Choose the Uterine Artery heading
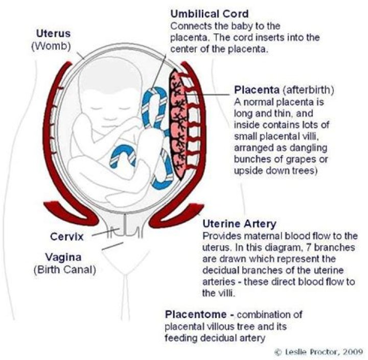(240, 224)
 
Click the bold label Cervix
(66, 236)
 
